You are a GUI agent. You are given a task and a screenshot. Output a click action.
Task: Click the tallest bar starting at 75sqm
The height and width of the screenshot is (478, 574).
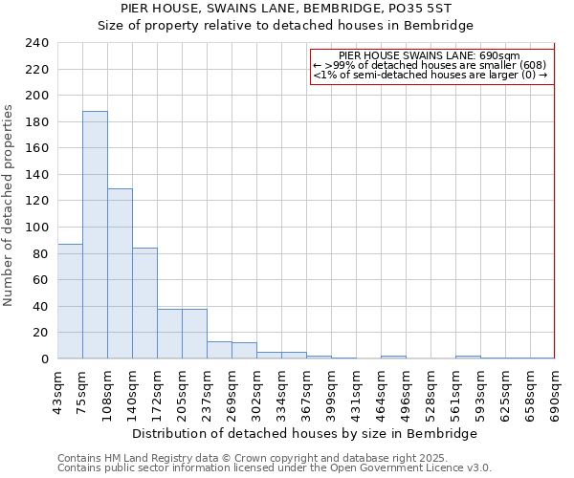95,235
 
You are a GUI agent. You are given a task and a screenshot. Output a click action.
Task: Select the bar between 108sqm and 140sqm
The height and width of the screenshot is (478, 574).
120,273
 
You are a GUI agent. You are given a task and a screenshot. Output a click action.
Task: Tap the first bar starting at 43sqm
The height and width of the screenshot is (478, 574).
70,301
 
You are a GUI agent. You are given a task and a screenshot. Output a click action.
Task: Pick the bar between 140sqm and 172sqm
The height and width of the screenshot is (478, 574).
144,303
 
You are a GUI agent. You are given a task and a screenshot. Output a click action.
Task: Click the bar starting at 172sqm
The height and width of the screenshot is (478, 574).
169,334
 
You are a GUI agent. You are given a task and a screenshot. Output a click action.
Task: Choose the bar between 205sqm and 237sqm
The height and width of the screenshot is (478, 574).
194,334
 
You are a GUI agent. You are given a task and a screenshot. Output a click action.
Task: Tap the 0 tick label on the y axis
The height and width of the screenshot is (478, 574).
44,359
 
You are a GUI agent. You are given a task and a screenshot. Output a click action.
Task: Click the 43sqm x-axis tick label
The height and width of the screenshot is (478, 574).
57,391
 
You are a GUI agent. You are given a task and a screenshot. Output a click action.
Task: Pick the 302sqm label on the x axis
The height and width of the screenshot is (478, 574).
256,393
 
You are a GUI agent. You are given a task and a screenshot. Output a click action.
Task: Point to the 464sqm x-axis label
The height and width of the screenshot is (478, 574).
381,393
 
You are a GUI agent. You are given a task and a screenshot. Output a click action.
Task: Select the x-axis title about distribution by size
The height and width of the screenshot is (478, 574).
305,434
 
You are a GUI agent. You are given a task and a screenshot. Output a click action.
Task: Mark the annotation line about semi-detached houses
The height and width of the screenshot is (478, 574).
430,75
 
